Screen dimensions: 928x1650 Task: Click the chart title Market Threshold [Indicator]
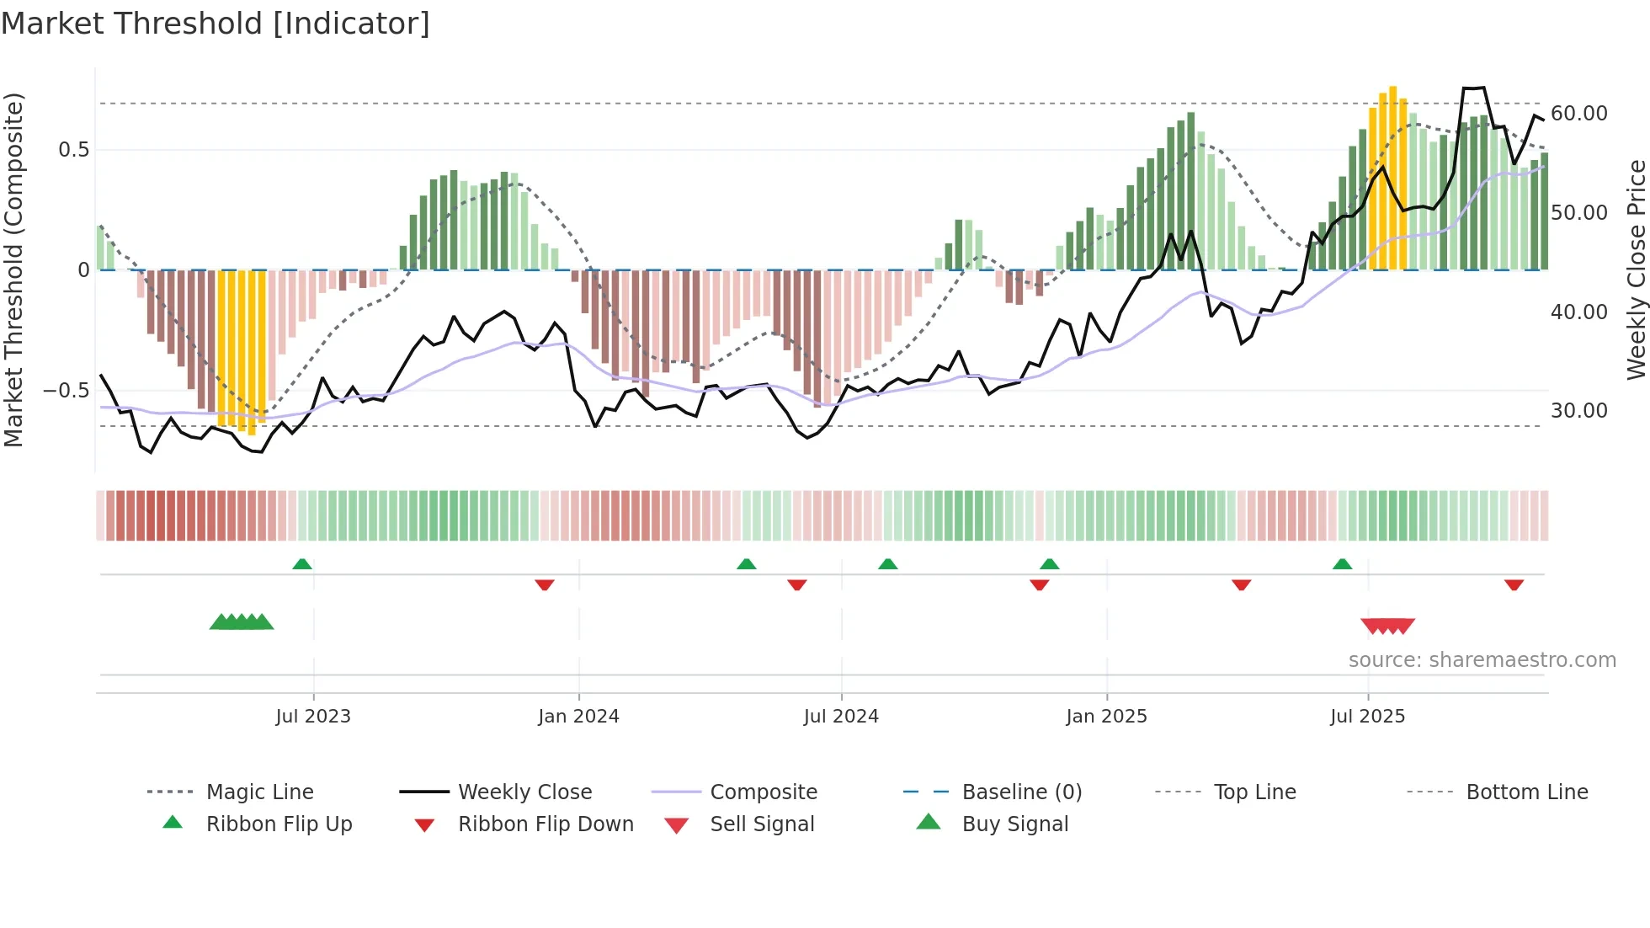point(216,24)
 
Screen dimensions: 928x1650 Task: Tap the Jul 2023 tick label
point(313,717)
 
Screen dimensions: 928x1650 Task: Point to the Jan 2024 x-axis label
point(578,717)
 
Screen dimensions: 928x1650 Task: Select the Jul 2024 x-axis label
point(841,717)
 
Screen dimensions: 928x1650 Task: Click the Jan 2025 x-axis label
point(1106,717)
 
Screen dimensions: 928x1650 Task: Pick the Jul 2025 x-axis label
point(1368,717)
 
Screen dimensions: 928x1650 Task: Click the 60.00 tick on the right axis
point(1579,114)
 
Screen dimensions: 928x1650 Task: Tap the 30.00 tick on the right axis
point(1579,411)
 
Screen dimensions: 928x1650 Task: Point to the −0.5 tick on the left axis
point(66,391)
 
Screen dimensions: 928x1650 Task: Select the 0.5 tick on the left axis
point(73,150)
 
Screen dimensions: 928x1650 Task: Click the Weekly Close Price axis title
point(1636,269)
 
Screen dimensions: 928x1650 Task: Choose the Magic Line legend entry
point(259,792)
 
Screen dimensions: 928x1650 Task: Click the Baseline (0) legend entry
point(1021,792)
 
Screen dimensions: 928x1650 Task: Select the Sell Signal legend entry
point(762,824)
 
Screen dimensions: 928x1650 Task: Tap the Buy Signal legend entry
point(1014,824)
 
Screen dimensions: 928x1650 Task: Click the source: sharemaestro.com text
point(1482,660)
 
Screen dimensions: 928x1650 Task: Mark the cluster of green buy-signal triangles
point(242,622)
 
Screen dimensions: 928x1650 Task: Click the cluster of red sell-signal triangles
point(1387,626)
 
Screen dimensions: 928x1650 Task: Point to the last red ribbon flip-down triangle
point(1514,584)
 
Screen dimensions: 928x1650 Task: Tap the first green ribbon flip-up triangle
point(302,564)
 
